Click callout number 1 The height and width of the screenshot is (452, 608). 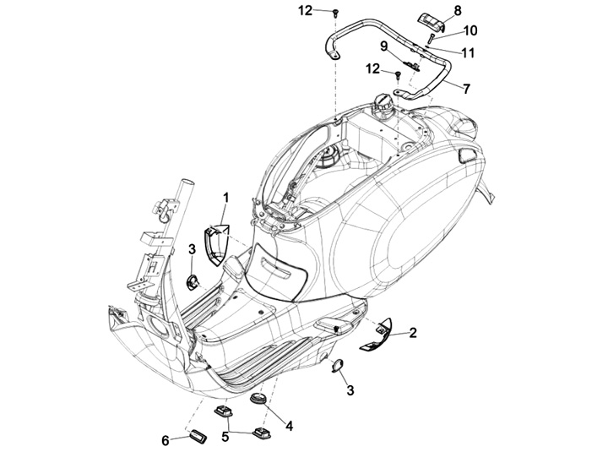coord(225,198)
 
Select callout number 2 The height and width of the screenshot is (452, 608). coord(413,333)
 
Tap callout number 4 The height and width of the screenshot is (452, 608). coord(289,427)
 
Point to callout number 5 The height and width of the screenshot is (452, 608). coord(225,437)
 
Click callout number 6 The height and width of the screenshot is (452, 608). coord(166,441)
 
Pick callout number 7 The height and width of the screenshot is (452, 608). coord(466,89)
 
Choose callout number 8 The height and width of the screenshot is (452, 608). coord(458,10)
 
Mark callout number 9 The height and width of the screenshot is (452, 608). coord(383,46)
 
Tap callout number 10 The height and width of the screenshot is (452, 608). coord(470,30)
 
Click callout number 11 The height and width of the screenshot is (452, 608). coord(469,52)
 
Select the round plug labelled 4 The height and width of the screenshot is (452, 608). coord(257,399)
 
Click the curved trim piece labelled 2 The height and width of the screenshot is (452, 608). coord(376,335)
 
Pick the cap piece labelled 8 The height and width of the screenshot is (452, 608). coord(431,23)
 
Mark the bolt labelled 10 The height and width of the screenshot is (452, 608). coord(431,39)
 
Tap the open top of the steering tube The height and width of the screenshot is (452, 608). coord(187,182)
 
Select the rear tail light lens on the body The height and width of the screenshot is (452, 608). coord(469,155)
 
